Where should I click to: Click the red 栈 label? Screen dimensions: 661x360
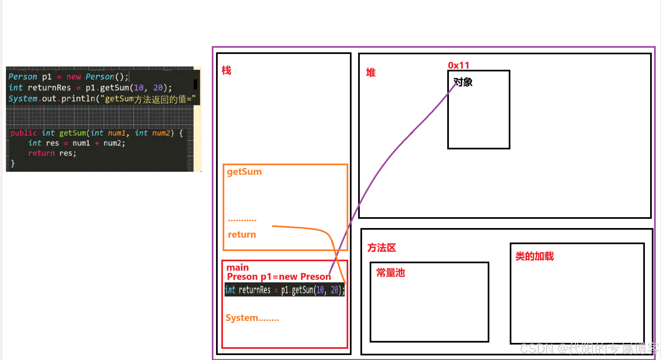pyautogui.click(x=226, y=70)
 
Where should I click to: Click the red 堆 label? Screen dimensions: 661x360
pyautogui.click(x=371, y=72)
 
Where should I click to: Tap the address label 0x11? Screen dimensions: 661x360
pyautogui.click(x=458, y=65)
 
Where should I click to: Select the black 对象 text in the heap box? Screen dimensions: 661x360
pyautogui.click(x=463, y=82)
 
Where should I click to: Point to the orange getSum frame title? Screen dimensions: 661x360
pyautogui.click(x=244, y=172)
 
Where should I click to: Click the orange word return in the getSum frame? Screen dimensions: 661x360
pyautogui.click(x=242, y=235)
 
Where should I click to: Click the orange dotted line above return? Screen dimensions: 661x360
pyautogui.click(x=242, y=220)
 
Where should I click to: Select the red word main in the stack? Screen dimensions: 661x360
pyautogui.click(x=237, y=267)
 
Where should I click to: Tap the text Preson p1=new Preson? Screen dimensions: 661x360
pyautogui.click(x=279, y=277)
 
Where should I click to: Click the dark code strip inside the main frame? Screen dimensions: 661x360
pyautogui.click(x=284, y=290)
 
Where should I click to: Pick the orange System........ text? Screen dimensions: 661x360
pyautogui.click(x=252, y=318)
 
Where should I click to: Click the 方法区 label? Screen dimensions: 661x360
pyautogui.click(x=381, y=248)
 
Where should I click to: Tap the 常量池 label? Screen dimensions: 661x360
pyautogui.click(x=390, y=273)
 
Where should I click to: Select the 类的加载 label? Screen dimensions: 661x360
pyautogui.click(x=534, y=256)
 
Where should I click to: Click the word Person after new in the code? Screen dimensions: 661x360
pyautogui.click(x=100, y=77)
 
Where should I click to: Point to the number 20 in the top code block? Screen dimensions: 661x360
pyautogui.click(x=158, y=88)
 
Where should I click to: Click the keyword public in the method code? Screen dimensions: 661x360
pyautogui.click(x=23, y=133)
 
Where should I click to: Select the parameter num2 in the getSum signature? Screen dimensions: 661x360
pyautogui.click(x=161, y=133)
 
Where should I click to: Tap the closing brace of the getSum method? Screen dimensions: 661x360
pyautogui.click(x=13, y=163)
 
